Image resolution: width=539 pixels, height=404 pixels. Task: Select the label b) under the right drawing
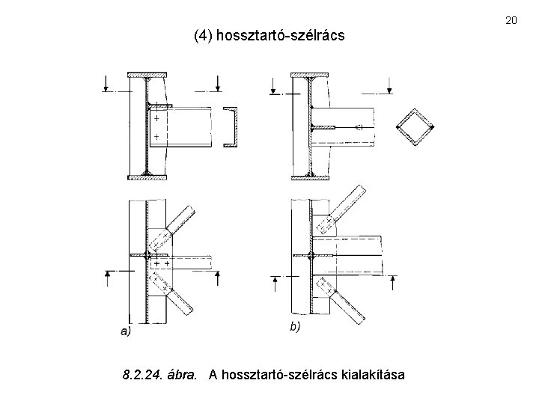pyautogui.click(x=296, y=327)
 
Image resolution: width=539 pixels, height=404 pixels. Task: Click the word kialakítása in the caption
pyautogui.click(x=372, y=373)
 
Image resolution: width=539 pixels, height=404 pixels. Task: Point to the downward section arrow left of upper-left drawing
pyautogui.click(x=106, y=85)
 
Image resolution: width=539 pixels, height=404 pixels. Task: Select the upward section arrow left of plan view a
pyautogui.click(x=108, y=278)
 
